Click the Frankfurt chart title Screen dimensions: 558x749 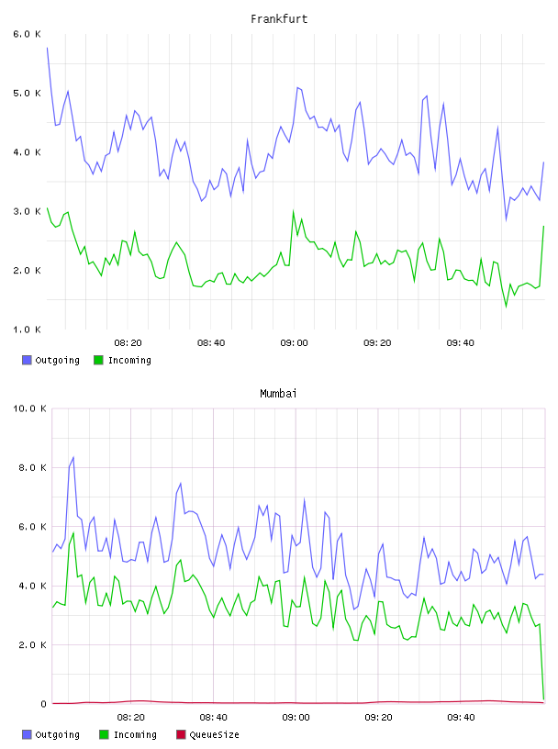tap(279, 19)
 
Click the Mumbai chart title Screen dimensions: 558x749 tap(278, 394)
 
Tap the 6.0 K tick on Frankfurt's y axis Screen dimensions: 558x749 tap(27, 34)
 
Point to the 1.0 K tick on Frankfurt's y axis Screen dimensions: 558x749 tap(27, 330)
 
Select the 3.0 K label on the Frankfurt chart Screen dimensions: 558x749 tap(27, 212)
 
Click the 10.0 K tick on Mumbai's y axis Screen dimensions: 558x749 tap(29, 408)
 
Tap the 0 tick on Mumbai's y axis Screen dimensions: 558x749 tap(43, 704)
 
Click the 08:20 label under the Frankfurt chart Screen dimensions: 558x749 tap(128, 343)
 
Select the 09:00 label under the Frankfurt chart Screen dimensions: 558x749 tap(295, 343)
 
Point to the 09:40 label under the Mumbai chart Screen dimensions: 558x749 tap(461, 718)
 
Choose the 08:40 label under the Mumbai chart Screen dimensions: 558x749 tap(213, 718)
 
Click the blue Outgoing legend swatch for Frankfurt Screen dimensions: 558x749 tap(27, 360)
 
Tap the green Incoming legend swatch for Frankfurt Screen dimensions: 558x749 tap(98, 360)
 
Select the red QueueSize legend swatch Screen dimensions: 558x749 tap(181, 734)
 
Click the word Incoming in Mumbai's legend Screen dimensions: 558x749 tap(135, 734)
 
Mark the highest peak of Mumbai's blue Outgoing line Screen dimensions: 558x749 tap(73, 457)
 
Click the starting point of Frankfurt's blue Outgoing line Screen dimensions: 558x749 tap(47, 48)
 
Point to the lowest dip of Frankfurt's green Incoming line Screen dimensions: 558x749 tap(507, 307)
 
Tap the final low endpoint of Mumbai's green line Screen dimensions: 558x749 tap(543, 699)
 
